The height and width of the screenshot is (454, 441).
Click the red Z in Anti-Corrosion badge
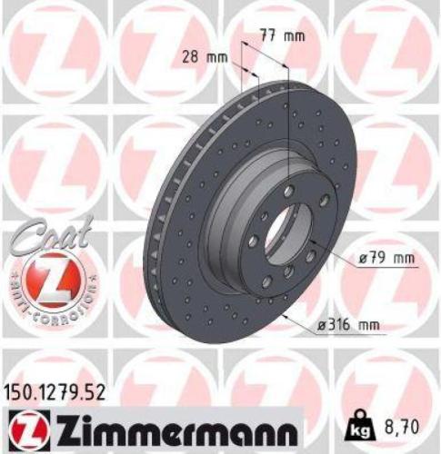click(x=49, y=277)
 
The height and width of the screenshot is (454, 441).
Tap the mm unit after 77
click(x=292, y=36)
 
